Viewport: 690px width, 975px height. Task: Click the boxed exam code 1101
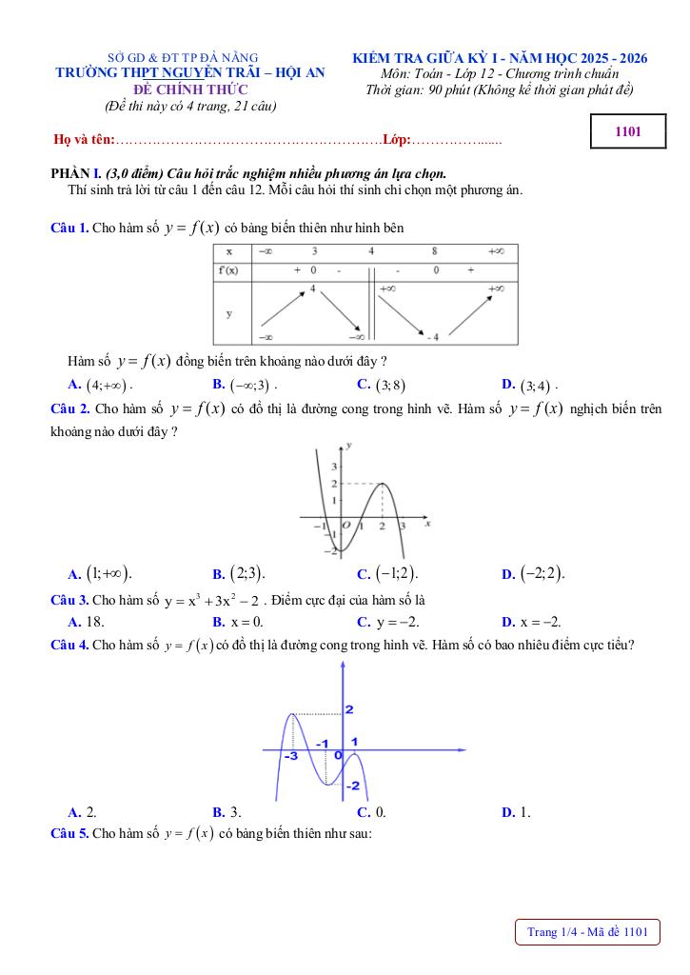click(x=626, y=132)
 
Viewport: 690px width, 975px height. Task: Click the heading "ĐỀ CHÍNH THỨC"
click(x=190, y=90)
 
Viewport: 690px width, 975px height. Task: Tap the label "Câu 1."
click(x=69, y=228)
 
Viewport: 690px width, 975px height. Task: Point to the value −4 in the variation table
click(x=432, y=337)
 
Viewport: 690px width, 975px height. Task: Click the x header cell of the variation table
click(x=230, y=252)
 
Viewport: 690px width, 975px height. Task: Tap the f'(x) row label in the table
click(x=229, y=270)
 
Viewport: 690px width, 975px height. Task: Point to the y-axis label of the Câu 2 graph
click(x=351, y=446)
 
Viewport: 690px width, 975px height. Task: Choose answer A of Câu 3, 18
click(x=87, y=622)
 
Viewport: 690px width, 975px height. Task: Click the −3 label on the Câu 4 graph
click(x=291, y=755)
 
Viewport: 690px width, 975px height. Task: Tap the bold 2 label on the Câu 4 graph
click(x=349, y=709)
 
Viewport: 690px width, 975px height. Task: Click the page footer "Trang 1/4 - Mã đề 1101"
click(x=587, y=932)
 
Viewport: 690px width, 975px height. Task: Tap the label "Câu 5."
click(x=69, y=833)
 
